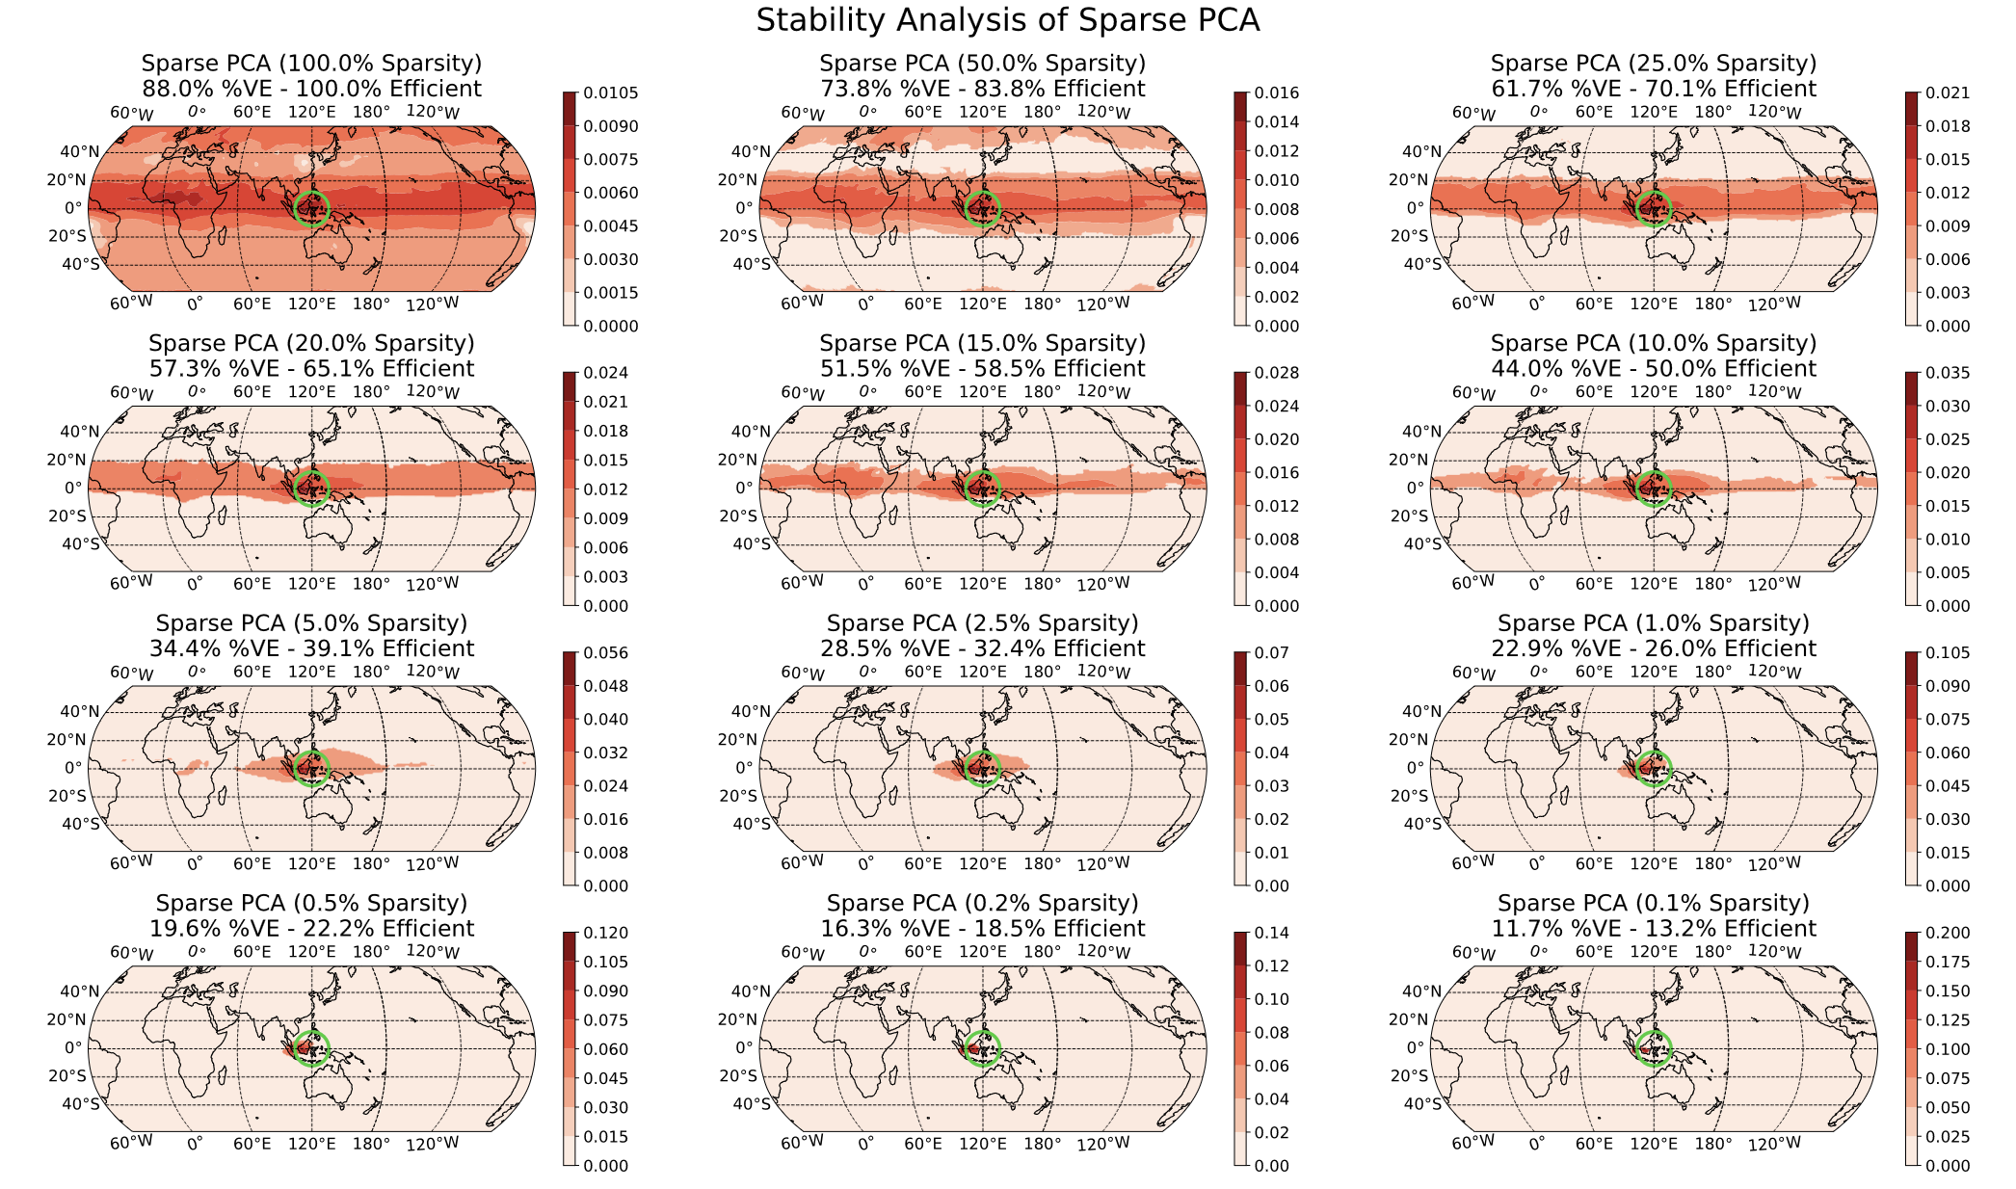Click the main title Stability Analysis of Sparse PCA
tap(1007, 20)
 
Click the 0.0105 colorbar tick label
tap(611, 93)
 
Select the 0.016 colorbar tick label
tap(1277, 93)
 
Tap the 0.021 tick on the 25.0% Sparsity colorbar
tap(1948, 93)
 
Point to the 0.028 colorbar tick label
tap(1277, 374)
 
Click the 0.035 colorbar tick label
tap(1948, 374)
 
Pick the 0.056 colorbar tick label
tap(605, 653)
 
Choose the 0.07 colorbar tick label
tap(1272, 653)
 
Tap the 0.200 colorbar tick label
tap(1948, 933)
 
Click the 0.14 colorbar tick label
tap(1272, 933)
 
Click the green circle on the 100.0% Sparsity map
tap(311, 207)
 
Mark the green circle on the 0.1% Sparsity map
tap(1654, 1047)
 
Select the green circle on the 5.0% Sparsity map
tap(311, 767)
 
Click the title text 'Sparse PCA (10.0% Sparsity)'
tap(1653, 343)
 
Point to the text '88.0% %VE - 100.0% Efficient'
tap(311, 89)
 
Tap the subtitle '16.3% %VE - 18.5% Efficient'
tap(982, 929)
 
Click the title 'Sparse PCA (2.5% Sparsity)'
tap(982, 623)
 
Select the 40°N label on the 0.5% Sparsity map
tap(79, 991)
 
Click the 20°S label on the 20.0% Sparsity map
tap(66, 516)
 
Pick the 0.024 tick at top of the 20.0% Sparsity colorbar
tap(605, 374)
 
